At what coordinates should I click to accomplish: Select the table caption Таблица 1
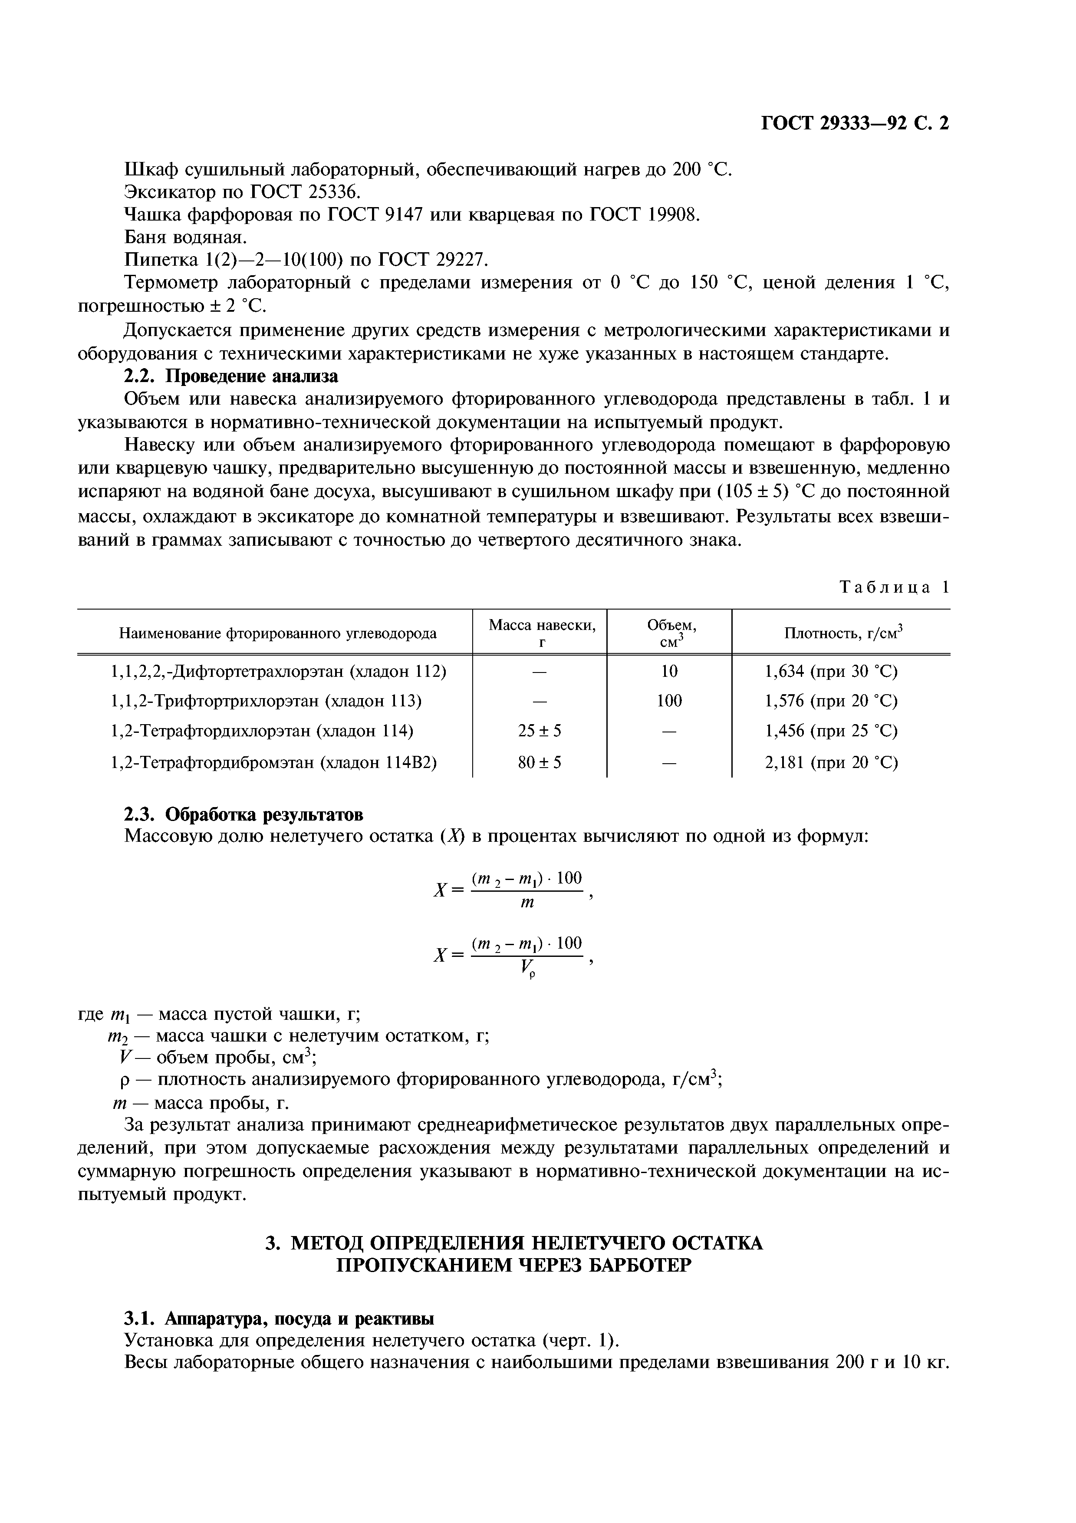tap(894, 587)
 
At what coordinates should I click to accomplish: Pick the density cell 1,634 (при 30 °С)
tap(831, 672)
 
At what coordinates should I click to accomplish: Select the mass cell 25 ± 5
tap(539, 731)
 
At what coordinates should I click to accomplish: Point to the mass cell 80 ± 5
tap(539, 762)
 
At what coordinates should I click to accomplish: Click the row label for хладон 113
tap(265, 701)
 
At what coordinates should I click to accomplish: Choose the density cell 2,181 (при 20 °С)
tap(831, 762)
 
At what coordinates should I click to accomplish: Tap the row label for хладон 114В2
tap(273, 762)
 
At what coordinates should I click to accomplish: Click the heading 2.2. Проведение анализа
tap(231, 376)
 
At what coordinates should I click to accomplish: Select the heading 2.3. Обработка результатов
tap(244, 814)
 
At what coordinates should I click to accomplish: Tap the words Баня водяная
tap(186, 237)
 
